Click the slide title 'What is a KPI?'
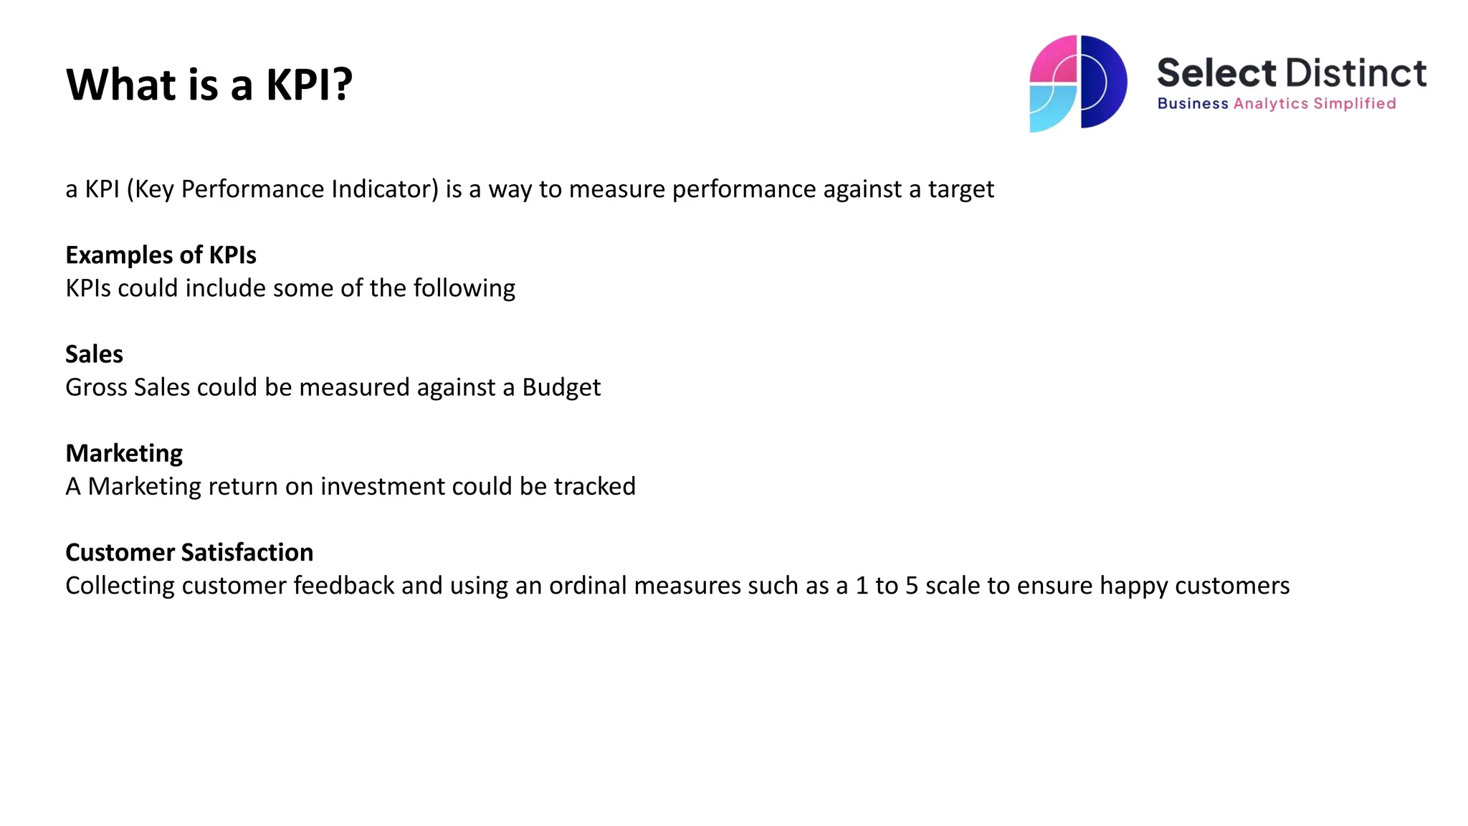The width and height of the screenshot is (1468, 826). coord(209,85)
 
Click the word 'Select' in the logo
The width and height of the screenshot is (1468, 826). coord(1216,73)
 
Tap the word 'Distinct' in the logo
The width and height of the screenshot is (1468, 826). coord(1356,73)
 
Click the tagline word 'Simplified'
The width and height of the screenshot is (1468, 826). coord(1354,104)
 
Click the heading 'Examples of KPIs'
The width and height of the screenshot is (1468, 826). coord(161,255)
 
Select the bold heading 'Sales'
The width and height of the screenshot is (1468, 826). coord(94,354)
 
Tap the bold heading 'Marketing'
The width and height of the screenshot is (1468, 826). coord(124,453)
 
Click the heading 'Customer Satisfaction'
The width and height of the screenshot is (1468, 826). coord(189,552)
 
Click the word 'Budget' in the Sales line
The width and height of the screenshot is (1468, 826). coord(561,388)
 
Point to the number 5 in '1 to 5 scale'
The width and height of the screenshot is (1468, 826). coord(911,586)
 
